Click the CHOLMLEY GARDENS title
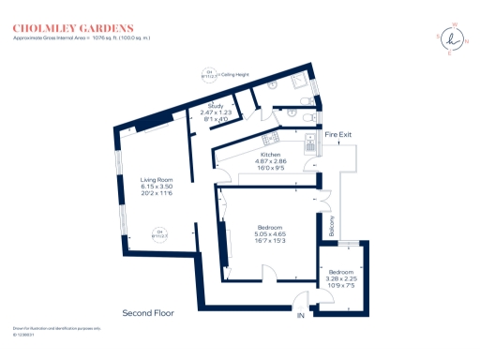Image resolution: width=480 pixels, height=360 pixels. coord(72,28)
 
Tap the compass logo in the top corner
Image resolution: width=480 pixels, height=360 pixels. coord(454,38)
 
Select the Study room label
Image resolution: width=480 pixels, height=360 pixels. coord(217,107)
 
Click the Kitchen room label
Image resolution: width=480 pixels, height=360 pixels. coord(271,154)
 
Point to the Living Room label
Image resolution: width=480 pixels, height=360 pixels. coord(157,179)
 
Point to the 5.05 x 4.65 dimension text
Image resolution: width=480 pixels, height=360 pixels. coord(271,234)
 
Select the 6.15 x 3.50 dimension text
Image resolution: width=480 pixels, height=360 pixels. coord(157,187)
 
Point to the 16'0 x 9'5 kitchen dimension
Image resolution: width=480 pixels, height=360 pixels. coord(271,169)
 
